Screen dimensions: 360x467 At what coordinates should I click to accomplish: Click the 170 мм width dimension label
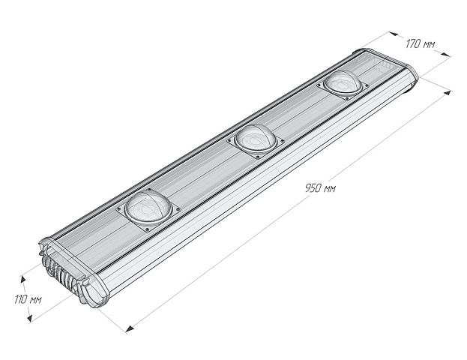[421, 43]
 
